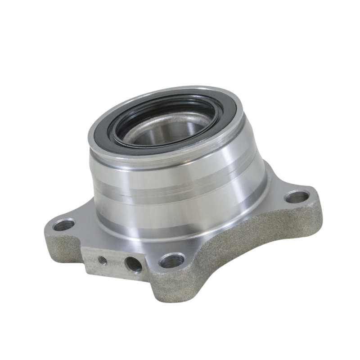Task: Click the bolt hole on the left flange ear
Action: pos(64,224)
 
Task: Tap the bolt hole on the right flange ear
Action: pos(297,197)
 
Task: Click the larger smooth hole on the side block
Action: pos(133,264)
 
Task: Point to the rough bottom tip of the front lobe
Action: pos(171,295)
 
